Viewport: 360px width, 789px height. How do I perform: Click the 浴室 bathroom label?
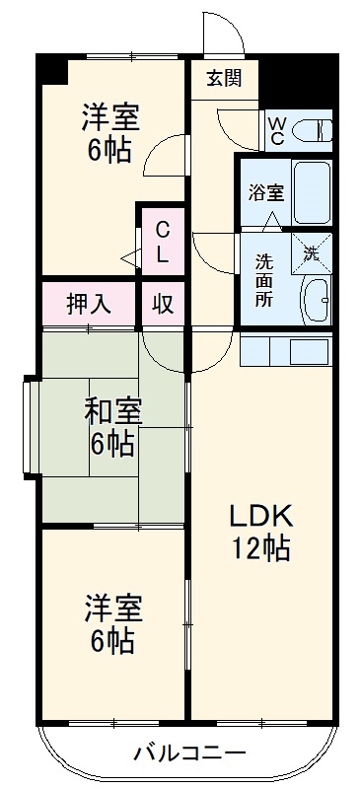(264, 191)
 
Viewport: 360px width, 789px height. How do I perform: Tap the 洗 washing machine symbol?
(312, 251)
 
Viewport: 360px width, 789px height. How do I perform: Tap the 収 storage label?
(163, 303)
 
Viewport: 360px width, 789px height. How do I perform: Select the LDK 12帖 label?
(260, 533)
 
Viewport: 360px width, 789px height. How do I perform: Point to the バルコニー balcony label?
(190, 754)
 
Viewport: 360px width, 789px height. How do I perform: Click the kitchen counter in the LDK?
(287, 350)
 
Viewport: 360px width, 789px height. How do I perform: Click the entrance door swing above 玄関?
(222, 35)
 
